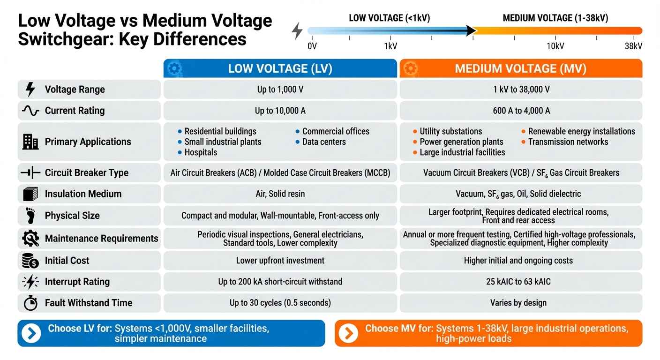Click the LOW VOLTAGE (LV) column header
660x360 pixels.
(x=280, y=68)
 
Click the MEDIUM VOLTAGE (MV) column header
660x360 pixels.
(x=520, y=68)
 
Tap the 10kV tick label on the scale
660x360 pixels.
(x=555, y=46)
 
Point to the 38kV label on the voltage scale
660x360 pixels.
(x=633, y=46)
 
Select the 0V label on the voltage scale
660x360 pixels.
(x=312, y=46)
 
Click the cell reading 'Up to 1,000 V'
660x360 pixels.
(x=280, y=89)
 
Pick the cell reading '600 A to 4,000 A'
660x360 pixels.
(x=520, y=111)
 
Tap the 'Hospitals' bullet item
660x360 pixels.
(x=201, y=152)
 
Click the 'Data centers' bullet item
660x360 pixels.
(x=324, y=142)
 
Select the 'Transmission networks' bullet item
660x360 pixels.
(x=568, y=142)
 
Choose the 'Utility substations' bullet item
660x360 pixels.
(x=450, y=131)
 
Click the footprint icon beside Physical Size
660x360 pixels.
(x=30, y=216)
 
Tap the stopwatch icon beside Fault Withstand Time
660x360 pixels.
(x=30, y=303)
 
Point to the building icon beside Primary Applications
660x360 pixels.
(x=30, y=142)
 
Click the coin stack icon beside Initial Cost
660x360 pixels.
(x=30, y=260)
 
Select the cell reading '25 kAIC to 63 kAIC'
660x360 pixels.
(x=520, y=282)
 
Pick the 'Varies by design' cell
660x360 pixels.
(x=520, y=303)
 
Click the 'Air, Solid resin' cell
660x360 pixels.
(x=280, y=194)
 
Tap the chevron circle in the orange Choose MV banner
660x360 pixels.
(x=348, y=333)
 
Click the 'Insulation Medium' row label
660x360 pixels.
(x=83, y=194)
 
